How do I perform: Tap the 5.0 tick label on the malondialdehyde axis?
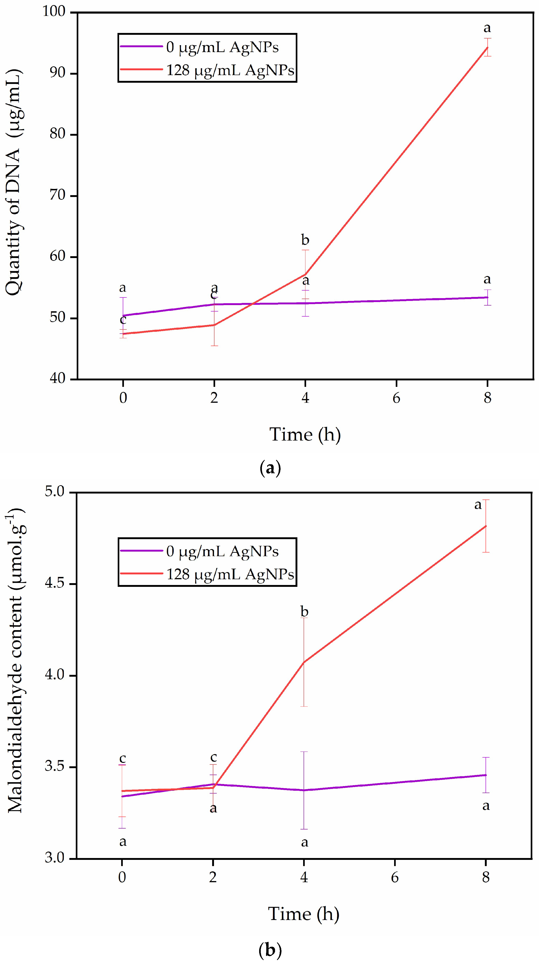[54, 492]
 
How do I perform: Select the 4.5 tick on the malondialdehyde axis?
[54, 583]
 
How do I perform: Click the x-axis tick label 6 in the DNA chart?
[396, 398]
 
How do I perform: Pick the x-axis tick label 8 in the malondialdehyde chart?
[486, 877]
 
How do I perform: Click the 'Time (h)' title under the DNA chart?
[305, 435]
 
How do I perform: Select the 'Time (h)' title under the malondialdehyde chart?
[303, 914]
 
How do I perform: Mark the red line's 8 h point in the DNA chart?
[487, 47]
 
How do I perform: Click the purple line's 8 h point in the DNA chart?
[487, 297]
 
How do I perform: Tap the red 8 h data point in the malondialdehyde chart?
[486, 526]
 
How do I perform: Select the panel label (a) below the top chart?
[270, 468]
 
